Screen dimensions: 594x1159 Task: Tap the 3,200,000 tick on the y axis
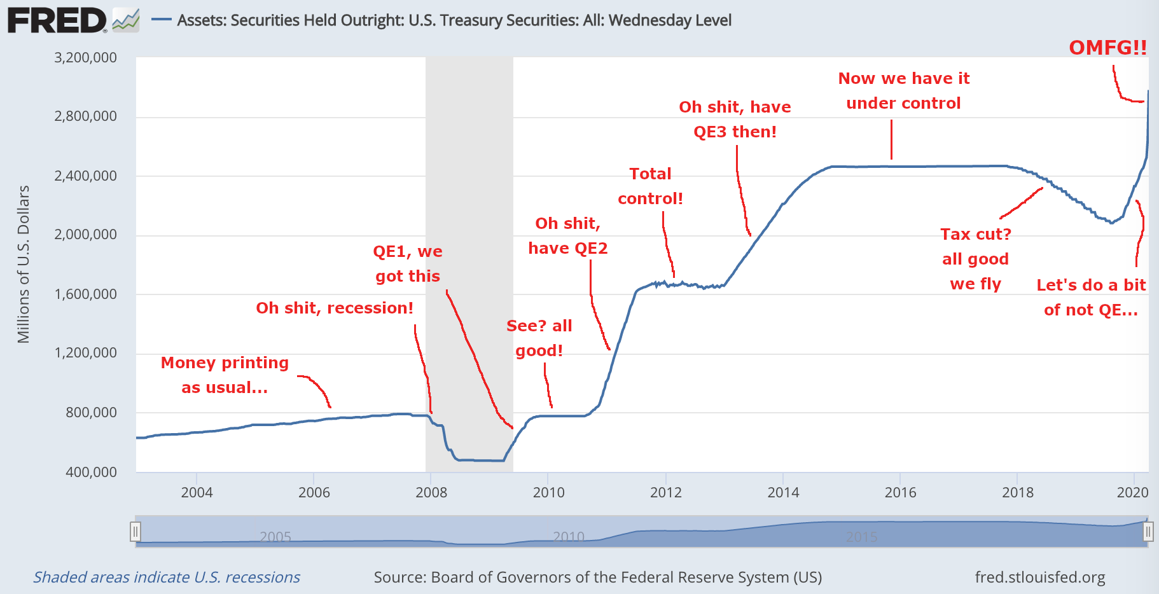click(x=85, y=58)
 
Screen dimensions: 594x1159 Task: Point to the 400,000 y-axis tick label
click(x=91, y=472)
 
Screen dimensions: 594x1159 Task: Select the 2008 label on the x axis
click(x=431, y=492)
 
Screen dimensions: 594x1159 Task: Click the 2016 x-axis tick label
click(x=900, y=492)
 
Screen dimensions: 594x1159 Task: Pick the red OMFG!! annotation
click(x=1107, y=48)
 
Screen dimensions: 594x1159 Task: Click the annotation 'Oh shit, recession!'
click(x=335, y=308)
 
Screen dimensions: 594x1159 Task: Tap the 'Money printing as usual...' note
click(x=225, y=375)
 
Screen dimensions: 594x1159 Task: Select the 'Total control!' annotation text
click(x=650, y=186)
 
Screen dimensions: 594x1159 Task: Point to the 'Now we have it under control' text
click(x=903, y=91)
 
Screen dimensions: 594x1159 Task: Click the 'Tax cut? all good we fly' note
click(x=975, y=259)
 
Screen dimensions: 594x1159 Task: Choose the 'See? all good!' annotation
click(x=539, y=338)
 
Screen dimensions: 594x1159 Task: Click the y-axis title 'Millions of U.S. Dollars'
click(x=24, y=264)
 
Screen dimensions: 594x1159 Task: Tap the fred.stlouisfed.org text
click(x=1039, y=577)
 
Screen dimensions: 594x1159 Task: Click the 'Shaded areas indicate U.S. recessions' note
click(x=167, y=577)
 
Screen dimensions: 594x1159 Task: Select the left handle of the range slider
click(x=135, y=531)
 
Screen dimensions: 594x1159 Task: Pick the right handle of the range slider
click(x=1148, y=531)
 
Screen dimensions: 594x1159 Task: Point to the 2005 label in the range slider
click(x=275, y=537)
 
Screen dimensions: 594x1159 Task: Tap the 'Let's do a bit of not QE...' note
click(x=1091, y=298)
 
